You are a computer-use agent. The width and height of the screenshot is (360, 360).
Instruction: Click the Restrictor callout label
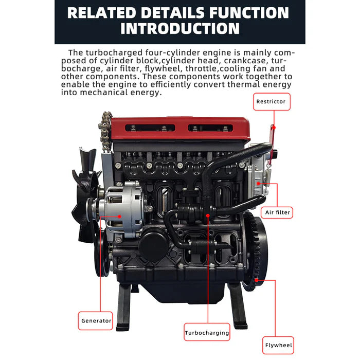pos(271,101)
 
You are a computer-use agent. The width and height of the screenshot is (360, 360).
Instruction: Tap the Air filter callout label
pos(278,212)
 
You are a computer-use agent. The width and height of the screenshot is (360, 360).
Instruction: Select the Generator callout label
pos(96,320)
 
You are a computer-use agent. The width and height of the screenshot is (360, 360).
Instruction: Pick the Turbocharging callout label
pos(207,333)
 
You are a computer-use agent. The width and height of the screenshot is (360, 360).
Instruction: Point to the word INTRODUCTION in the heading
pos(180,28)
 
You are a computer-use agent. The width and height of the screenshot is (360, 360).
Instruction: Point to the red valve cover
pos(180,129)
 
